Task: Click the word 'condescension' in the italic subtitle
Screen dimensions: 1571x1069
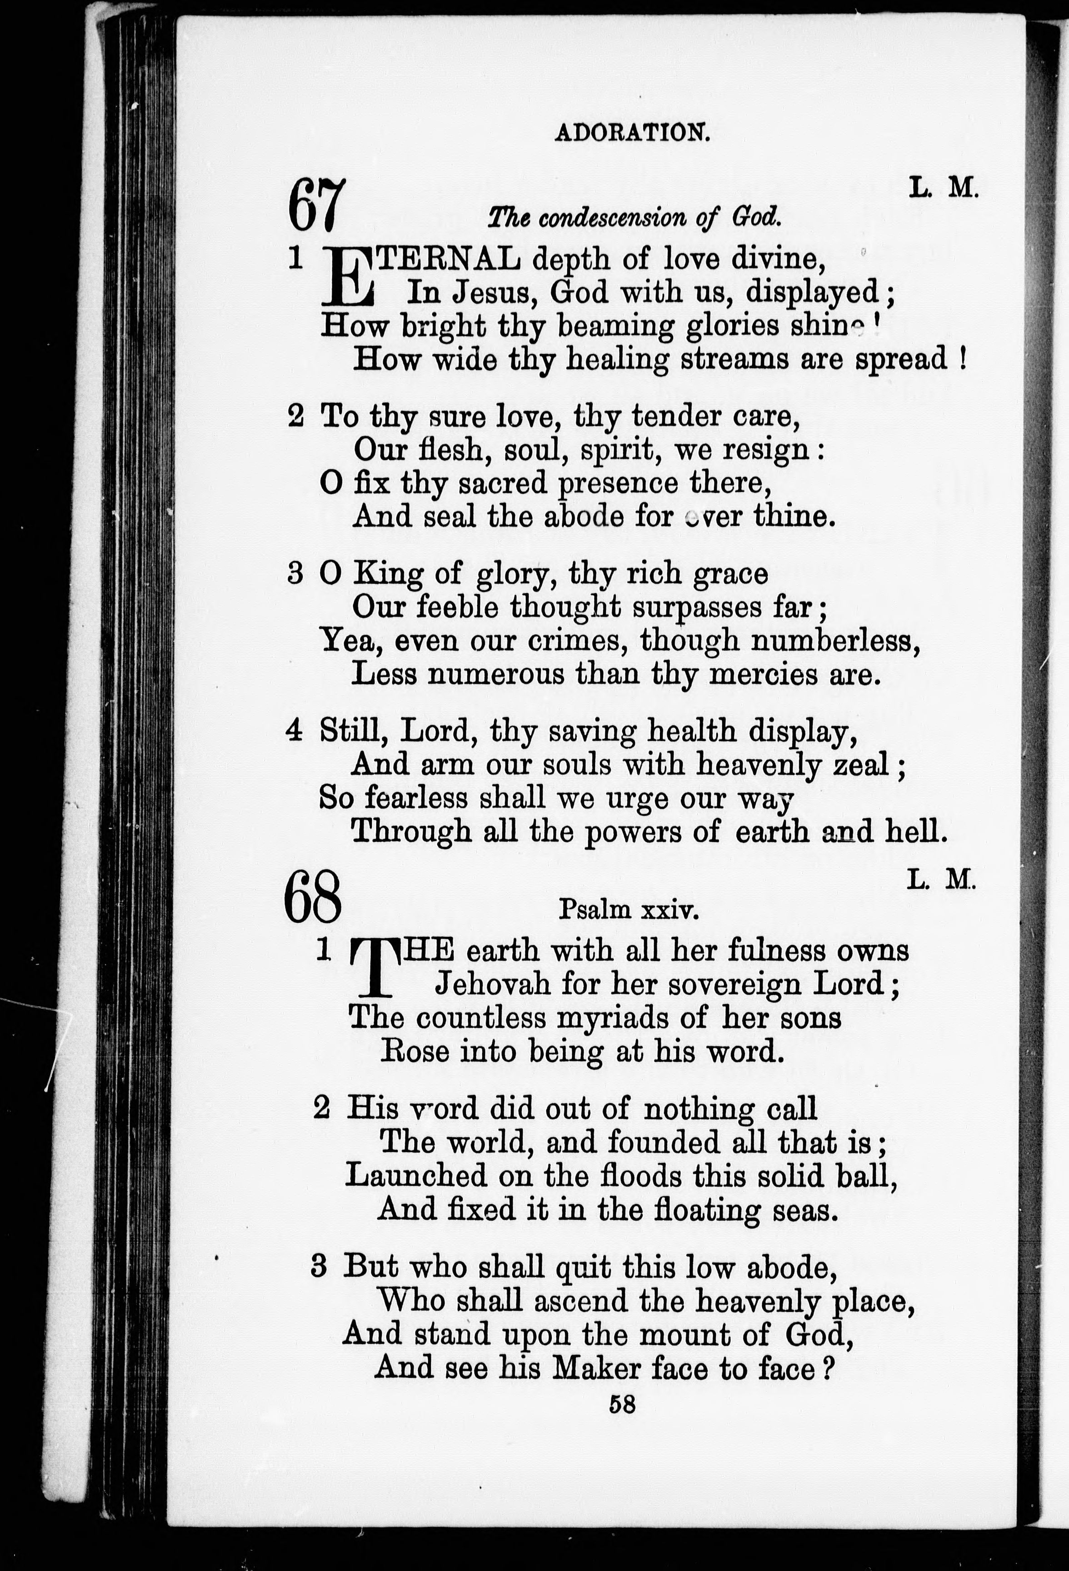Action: (x=631, y=218)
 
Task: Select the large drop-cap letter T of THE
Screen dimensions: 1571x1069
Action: (x=372, y=970)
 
